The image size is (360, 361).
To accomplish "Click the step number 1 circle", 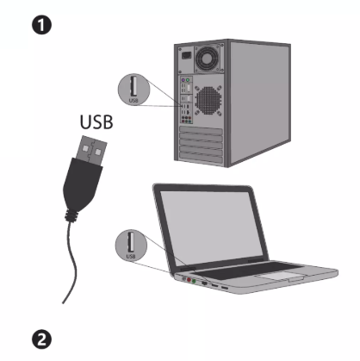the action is click(x=41, y=25).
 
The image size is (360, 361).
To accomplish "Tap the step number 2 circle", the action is click(x=41, y=339).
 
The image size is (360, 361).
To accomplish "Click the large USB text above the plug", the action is click(x=96, y=122).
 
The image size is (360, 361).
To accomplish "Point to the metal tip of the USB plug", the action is click(x=91, y=150).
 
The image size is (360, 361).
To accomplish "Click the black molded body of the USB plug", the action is click(x=82, y=184).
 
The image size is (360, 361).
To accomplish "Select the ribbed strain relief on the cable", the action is click(x=72, y=215).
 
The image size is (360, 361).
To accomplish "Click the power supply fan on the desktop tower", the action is click(x=207, y=59).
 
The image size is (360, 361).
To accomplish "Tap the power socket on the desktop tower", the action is click(x=186, y=54).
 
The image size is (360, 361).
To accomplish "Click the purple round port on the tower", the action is click(x=183, y=79).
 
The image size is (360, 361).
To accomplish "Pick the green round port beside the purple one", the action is click(x=188, y=79).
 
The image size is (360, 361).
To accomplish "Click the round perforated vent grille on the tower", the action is click(x=208, y=100).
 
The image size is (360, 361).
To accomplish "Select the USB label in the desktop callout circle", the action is click(x=133, y=101).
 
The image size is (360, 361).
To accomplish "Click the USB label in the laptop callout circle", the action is click(x=131, y=256).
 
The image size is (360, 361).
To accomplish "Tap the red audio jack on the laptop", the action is click(x=189, y=279).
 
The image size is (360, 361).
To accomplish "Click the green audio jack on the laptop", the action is click(x=194, y=281).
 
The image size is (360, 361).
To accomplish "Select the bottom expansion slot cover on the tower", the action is click(x=201, y=158).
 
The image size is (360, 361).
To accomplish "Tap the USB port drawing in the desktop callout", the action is click(x=133, y=86).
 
